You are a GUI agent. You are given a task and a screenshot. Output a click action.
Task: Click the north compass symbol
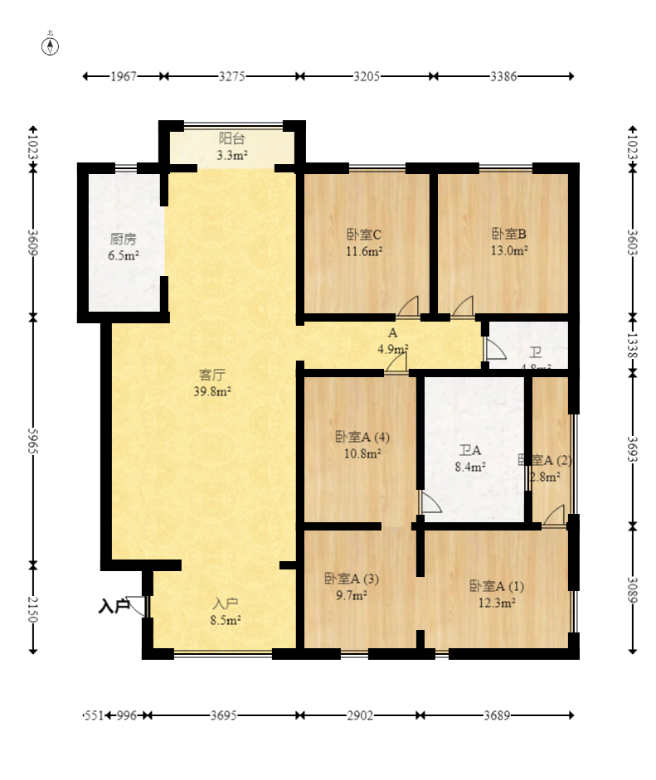click(51, 45)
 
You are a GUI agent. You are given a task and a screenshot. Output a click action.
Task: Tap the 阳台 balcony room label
click(231, 146)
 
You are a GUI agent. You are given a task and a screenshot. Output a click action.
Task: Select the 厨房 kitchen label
click(123, 247)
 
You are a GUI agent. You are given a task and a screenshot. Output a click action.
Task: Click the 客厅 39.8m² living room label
click(211, 383)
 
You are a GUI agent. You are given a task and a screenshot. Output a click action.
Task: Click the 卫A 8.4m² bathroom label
click(470, 458)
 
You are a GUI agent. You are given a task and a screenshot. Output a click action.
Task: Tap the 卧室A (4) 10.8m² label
click(362, 444)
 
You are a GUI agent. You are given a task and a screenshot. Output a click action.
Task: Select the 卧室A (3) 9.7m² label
click(352, 586)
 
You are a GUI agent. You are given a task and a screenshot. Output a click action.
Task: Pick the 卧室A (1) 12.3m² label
click(497, 593)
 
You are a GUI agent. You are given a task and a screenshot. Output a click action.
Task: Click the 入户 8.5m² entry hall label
click(226, 611)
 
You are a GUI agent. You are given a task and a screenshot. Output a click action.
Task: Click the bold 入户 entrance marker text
click(114, 607)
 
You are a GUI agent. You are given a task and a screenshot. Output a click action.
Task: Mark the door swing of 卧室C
click(408, 307)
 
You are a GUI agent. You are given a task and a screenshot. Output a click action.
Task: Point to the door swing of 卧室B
click(463, 307)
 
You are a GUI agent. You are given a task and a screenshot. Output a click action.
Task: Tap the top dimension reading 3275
click(231, 76)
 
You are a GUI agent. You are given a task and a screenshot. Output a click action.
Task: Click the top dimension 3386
click(503, 76)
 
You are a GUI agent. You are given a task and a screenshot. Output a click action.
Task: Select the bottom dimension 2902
click(360, 715)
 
